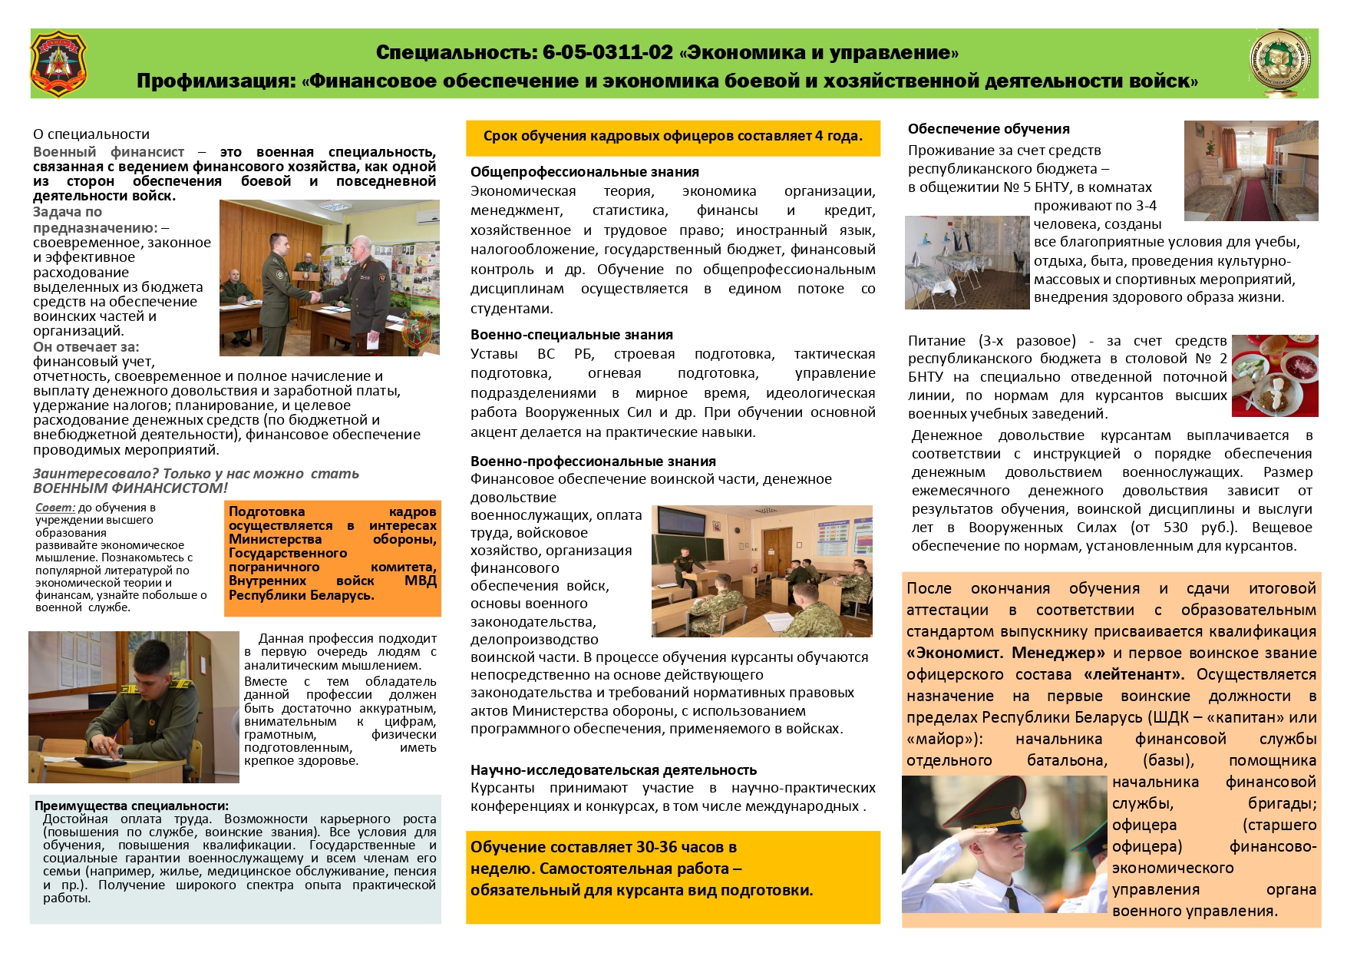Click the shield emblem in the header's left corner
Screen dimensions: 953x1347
click(x=58, y=63)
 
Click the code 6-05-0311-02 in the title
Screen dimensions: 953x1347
click(x=607, y=52)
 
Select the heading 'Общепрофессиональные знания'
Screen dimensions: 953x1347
click(x=584, y=172)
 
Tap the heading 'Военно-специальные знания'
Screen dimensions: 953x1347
click(x=571, y=335)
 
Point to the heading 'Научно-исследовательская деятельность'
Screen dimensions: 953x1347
click(x=613, y=769)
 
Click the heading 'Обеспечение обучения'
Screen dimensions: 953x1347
click(x=988, y=129)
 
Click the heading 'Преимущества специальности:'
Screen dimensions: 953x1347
click(x=131, y=806)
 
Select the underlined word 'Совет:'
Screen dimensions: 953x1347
click(x=55, y=508)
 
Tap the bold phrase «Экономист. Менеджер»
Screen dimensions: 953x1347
click(x=1005, y=653)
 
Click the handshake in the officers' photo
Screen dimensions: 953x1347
click(x=314, y=296)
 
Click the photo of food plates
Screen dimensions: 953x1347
click(x=1274, y=375)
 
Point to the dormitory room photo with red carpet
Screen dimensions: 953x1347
click(x=1250, y=170)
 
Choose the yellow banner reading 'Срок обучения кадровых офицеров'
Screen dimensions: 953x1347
click(x=672, y=137)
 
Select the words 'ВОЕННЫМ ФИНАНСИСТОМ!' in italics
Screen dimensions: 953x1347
click(x=130, y=488)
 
